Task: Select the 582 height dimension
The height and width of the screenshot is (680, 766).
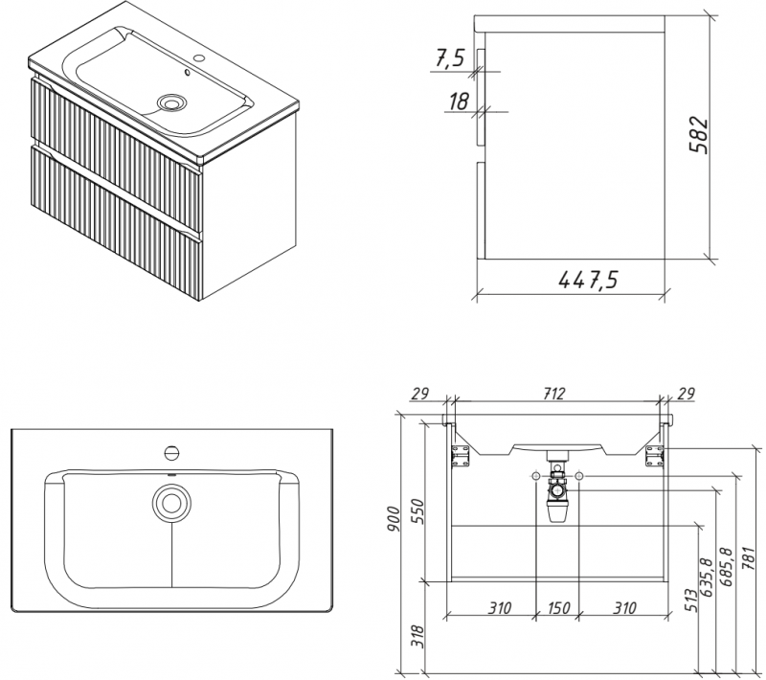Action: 699,135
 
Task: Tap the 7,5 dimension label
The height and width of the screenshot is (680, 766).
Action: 448,59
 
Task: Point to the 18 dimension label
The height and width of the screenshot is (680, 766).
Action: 459,102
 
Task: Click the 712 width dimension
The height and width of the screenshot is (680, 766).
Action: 554,394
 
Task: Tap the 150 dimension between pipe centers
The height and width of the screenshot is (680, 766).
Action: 557,608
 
